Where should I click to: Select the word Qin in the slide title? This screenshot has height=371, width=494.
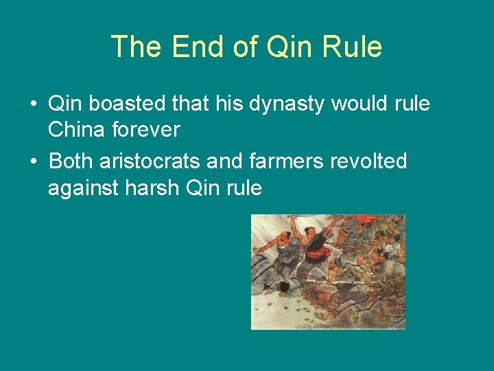pyautogui.click(x=281, y=47)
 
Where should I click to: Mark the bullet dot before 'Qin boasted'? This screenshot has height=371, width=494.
pyautogui.click(x=33, y=105)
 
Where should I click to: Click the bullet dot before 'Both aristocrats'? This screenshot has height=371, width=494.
pyautogui.click(x=33, y=162)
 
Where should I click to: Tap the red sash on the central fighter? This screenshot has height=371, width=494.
pyautogui.click(x=315, y=256)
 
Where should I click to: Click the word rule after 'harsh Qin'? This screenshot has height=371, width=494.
pyautogui.click(x=246, y=187)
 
